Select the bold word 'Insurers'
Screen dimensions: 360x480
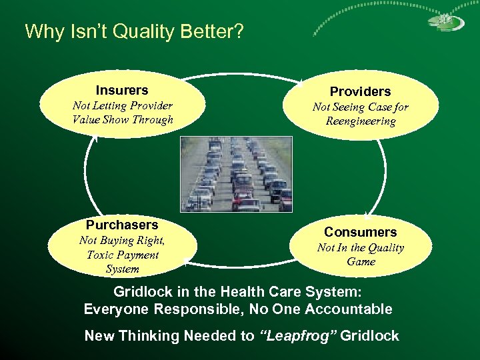coord(122,90)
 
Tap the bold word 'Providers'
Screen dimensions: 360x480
coord(360,91)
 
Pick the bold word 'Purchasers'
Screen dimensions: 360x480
coord(122,225)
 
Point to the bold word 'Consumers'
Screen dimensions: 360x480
coord(360,232)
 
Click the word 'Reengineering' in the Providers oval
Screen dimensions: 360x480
coord(360,121)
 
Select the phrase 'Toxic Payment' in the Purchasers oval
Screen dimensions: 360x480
coord(122,255)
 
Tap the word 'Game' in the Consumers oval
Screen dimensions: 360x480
coord(361,262)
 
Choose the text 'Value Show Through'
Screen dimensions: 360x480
coord(122,120)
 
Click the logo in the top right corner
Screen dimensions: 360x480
coord(441,21)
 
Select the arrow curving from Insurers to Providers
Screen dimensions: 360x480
coord(240,75)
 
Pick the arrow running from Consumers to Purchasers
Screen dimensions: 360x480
coord(240,265)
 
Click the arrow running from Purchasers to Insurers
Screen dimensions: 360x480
coord(86,173)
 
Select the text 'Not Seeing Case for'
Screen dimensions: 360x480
coord(360,107)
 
